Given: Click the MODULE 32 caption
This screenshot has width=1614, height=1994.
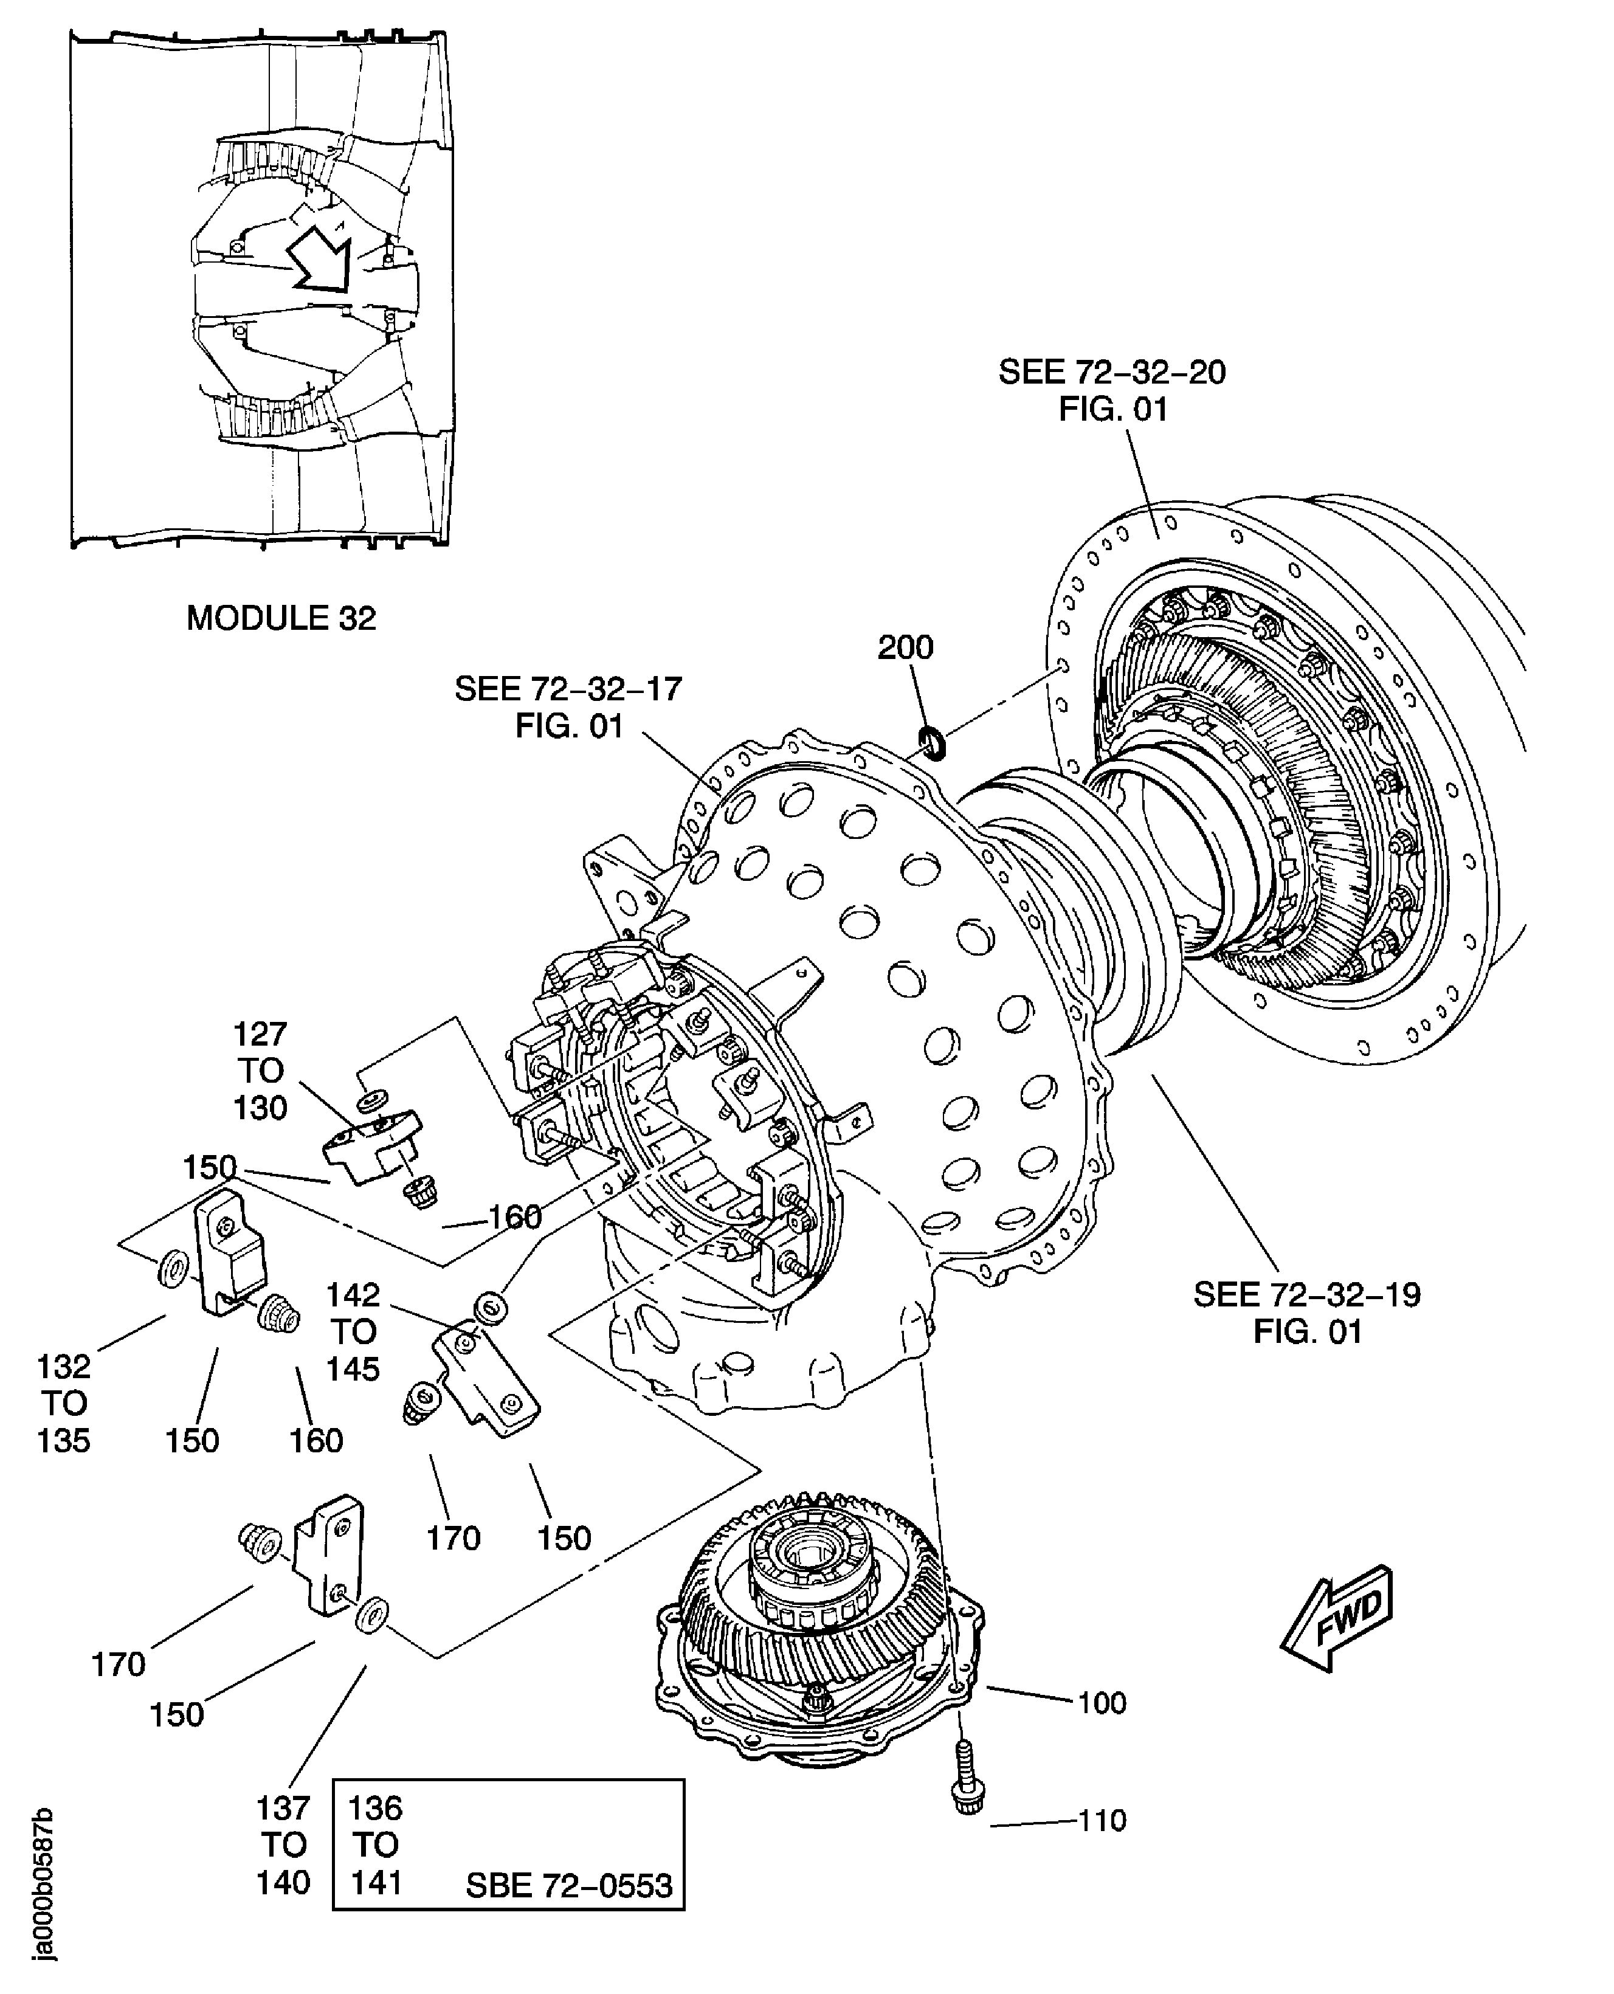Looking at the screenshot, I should pyautogui.click(x=281, y=618).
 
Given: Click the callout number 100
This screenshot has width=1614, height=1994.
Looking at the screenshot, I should pyautogui.click(x=1102, y=1703).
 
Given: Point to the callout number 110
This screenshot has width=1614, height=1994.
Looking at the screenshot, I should pyautogui.click(x=1102, y=1820).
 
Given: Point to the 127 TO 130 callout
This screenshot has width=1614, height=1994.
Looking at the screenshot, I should pyautogui.click(x=260, y=1070).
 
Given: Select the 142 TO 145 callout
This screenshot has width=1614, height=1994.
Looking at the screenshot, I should pyautogui.click(x=353, y=1331).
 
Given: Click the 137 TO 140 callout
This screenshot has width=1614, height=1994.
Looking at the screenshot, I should pyautogui.click(x=283, y=1844).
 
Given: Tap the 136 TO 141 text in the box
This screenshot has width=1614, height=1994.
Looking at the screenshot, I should pyautogui.click(x=376, y=1844).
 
